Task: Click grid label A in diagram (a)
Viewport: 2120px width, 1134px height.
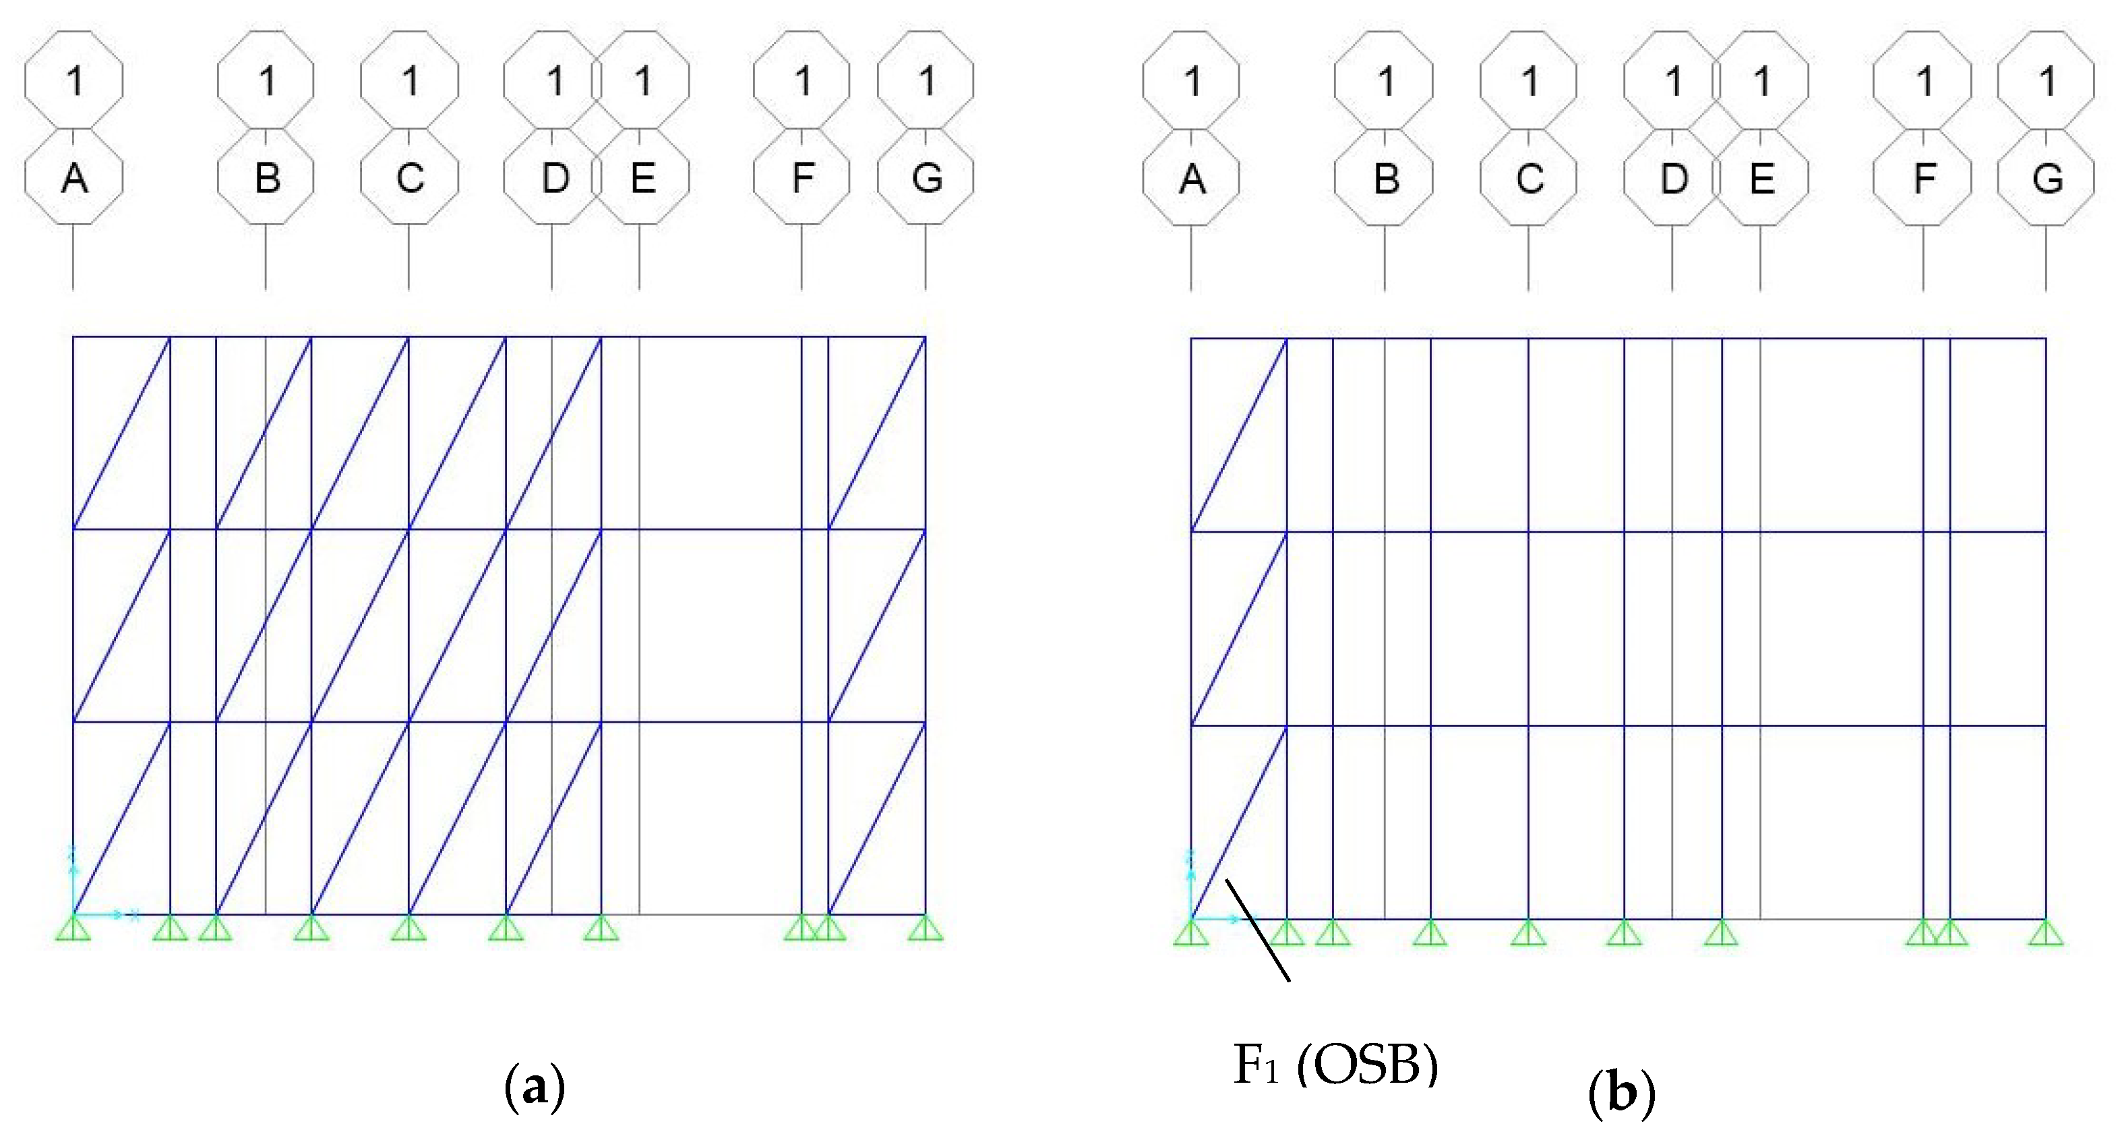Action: tap(74, 177)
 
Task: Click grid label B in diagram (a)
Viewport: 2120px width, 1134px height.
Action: tap(266, 177)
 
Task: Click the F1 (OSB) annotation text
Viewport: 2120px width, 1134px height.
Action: tap(1335, 1066)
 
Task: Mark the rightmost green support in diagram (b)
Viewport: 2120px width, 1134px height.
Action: tap(2046, 932)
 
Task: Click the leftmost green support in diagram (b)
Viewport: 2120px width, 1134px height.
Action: tap(1191, 932)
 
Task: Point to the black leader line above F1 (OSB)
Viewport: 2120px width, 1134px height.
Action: tap(1258, 930)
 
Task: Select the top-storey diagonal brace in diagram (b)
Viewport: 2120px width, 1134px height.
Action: tap(1238, 434)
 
